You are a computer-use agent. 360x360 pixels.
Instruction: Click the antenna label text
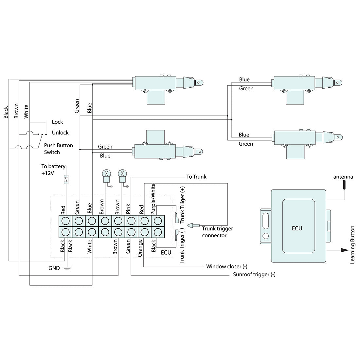(343, 177)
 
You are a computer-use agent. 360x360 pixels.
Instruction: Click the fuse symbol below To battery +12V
(66, 179)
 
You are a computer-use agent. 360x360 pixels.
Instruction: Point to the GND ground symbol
(67, 269)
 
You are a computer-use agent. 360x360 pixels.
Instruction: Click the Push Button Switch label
(58, 149)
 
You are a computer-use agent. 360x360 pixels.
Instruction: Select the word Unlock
(60, 133)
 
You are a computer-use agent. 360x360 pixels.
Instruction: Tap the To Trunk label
(196, 177)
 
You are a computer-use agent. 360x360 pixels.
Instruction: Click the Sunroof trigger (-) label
(254, 274)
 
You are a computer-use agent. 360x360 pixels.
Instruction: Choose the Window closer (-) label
(226, 266)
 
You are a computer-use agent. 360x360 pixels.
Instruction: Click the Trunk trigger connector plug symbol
(195, 225)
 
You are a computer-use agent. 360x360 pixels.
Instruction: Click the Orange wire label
(140, 248)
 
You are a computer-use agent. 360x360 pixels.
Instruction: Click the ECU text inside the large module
(297, 228)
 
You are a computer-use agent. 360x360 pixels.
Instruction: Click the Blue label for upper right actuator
(244, 80)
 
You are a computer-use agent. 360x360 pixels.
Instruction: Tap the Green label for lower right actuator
(245, 144)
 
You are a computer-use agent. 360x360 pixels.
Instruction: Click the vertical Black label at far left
(6, 112)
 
